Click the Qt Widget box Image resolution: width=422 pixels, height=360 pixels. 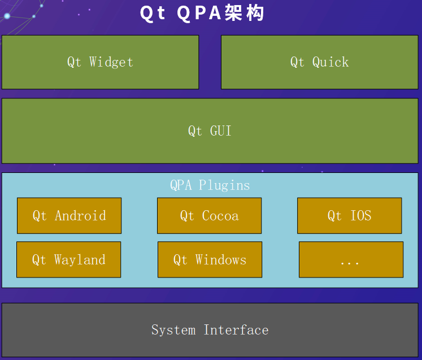pos(100,62)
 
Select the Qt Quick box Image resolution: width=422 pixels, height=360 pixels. pos(319,62)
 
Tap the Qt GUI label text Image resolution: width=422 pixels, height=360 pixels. pos(210,131)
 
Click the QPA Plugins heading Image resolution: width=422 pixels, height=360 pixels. pos(210,185)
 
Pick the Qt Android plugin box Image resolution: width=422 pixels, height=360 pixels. pos(69,215)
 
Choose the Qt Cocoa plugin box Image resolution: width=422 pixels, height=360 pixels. pos(209,215)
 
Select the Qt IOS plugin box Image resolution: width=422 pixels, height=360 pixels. pos(349,215)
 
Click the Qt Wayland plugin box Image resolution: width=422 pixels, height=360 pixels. pos(68,259)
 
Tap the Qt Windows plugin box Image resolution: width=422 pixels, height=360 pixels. pos(210,259)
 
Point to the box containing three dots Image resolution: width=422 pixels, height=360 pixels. pos(351,259)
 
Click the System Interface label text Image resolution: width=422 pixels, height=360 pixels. pos(210,330)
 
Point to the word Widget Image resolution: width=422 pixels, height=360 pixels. pos(111,62)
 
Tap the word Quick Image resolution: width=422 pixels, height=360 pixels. pos(330,62)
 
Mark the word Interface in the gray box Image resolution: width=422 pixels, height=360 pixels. pos(236,330)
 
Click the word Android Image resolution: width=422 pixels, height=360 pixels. pos(80,215)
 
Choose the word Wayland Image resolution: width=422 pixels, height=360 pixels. pos(80,260)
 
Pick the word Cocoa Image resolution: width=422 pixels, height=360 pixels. pos(220,215)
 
